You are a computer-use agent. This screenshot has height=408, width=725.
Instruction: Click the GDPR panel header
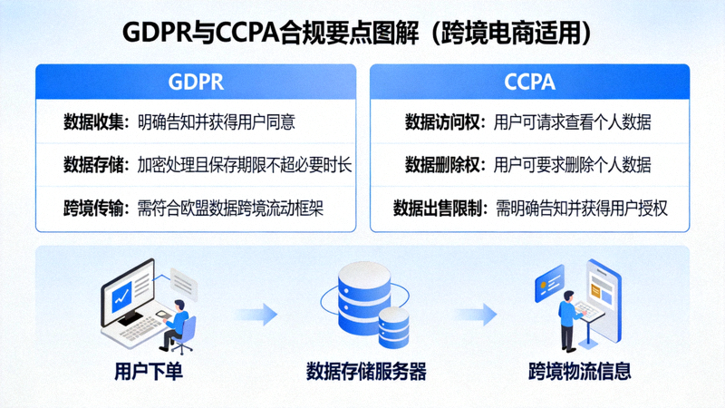195,83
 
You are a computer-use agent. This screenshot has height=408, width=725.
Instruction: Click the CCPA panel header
529,83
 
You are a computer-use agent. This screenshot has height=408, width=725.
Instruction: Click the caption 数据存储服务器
366,372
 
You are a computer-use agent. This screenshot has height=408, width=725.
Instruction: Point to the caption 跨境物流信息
580,372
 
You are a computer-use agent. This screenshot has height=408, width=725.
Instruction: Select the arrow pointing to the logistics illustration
477,315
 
